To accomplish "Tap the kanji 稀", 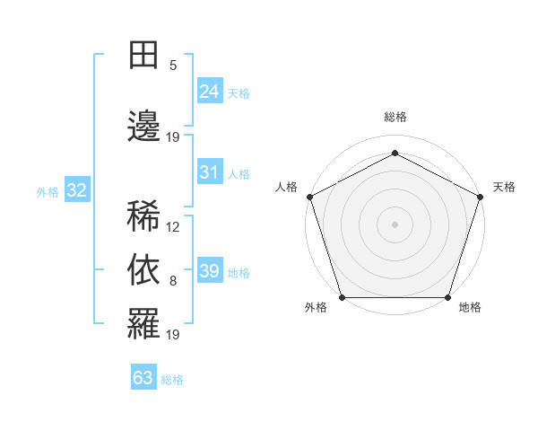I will [143, 216].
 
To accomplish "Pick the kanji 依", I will [143, 268].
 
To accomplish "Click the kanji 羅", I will [143, 321].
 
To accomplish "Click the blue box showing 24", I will [209, 91].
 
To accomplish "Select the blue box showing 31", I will [209, 172].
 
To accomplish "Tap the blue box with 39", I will [209, 271].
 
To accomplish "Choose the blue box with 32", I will [76, 189].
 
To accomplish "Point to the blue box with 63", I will [143, 378].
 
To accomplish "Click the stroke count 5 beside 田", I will [173, 66].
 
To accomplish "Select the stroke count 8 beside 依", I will [173, 281].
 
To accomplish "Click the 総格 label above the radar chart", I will [395, 118].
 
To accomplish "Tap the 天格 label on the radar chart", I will [504, 187].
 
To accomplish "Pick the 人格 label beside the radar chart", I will [286, 187].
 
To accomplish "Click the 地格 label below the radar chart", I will [469, 308].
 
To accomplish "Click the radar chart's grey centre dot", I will [395, 224].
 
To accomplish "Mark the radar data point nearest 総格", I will [395, 153].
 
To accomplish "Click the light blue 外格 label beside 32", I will [48, 191].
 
